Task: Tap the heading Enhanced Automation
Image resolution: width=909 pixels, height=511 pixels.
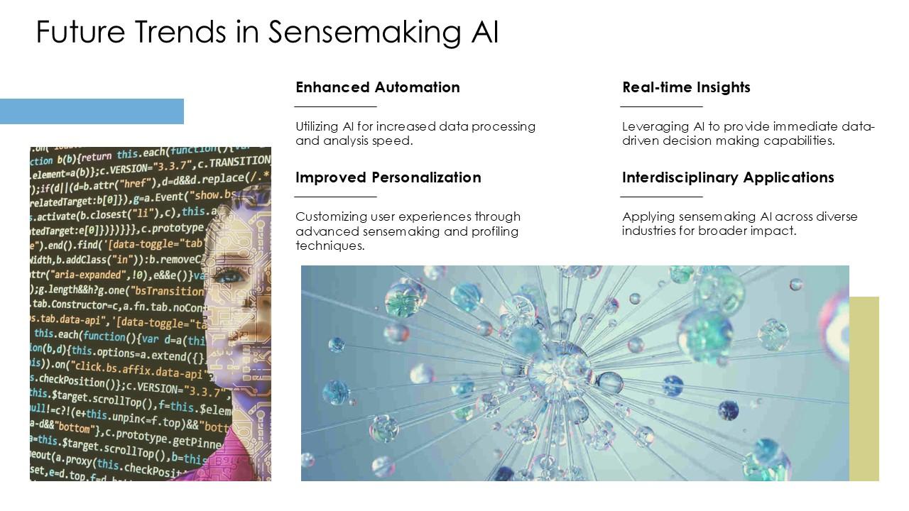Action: tap(377, 87)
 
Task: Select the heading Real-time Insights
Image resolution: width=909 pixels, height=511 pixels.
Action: tap(686, 87)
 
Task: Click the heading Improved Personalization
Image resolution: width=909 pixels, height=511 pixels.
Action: tap(388, 177)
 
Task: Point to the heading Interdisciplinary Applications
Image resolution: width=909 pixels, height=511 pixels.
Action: tap(728, 177)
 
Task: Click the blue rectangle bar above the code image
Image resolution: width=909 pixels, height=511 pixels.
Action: tap(92, 111)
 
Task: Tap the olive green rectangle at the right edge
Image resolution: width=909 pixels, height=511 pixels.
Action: tap(864, 388)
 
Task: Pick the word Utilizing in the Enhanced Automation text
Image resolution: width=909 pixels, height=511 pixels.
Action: tap(317, 126)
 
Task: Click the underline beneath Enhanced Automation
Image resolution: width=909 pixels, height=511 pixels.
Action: tap(335, 106)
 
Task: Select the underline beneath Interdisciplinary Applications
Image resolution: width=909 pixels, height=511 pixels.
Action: tap(661, 197)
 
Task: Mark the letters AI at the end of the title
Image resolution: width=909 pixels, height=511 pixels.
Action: tap(483, 33)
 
